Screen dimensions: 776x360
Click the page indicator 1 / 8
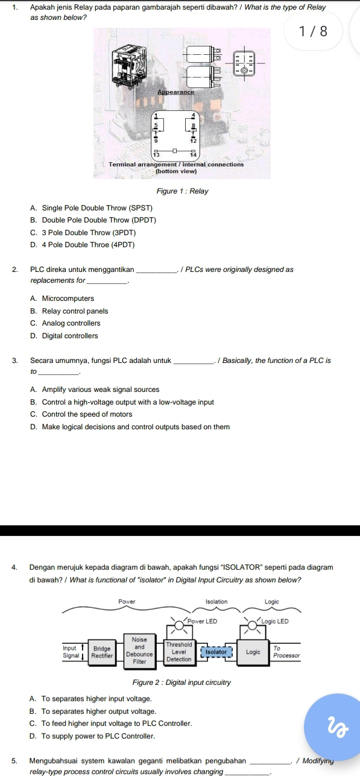point(313,31)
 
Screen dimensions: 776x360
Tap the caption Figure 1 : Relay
point(182,191)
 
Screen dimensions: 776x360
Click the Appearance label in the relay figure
point(175,92)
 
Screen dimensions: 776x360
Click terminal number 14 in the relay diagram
point(194,154)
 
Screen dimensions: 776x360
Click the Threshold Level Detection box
point(178,652)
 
